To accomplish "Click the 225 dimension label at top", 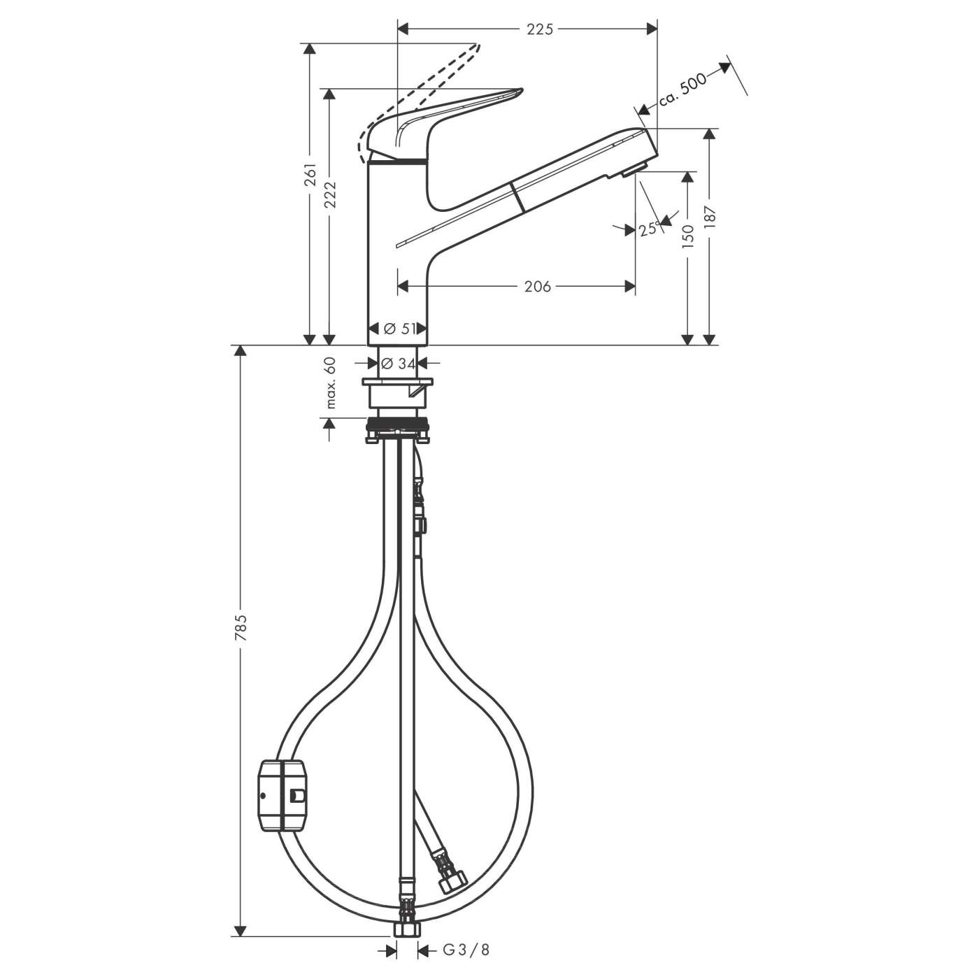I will click(539, 29).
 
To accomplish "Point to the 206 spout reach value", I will click(538, 286).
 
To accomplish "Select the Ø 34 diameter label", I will click(396, 364).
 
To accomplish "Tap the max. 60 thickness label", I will click(331, 383).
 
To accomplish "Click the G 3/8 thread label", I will click(466, 950).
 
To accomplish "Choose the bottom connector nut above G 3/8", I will click(405, 928).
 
